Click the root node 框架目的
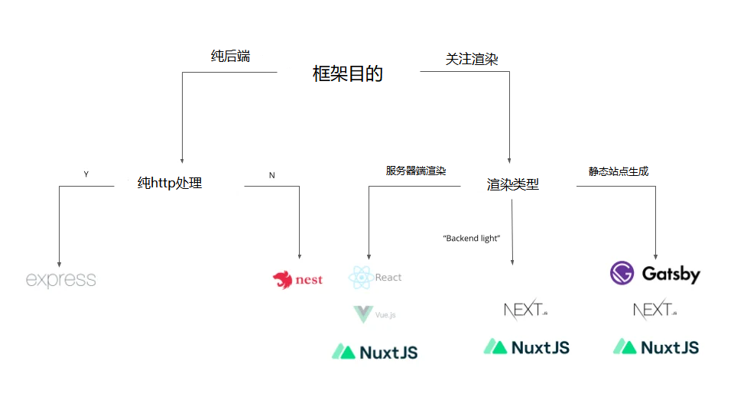(348, 73)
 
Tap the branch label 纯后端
(230, 56)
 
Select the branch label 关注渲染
(472, 59)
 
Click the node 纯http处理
(170, 184)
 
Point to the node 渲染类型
(513, 184)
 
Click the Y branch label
(86, 174)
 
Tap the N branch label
(271, 175)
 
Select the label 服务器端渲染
(416, 171)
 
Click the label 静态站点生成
(618, 171)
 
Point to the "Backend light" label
(472, 239)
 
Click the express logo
(61, 279)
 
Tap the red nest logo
(298, 280)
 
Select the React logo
(375, 278)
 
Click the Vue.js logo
(375, 314)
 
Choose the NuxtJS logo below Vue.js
(375, 352)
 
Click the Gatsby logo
(655, 273)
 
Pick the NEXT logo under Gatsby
(655, 311)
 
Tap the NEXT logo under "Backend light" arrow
(526, 310)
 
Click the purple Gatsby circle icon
(622, 273)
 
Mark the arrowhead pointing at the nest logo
(299, 257)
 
